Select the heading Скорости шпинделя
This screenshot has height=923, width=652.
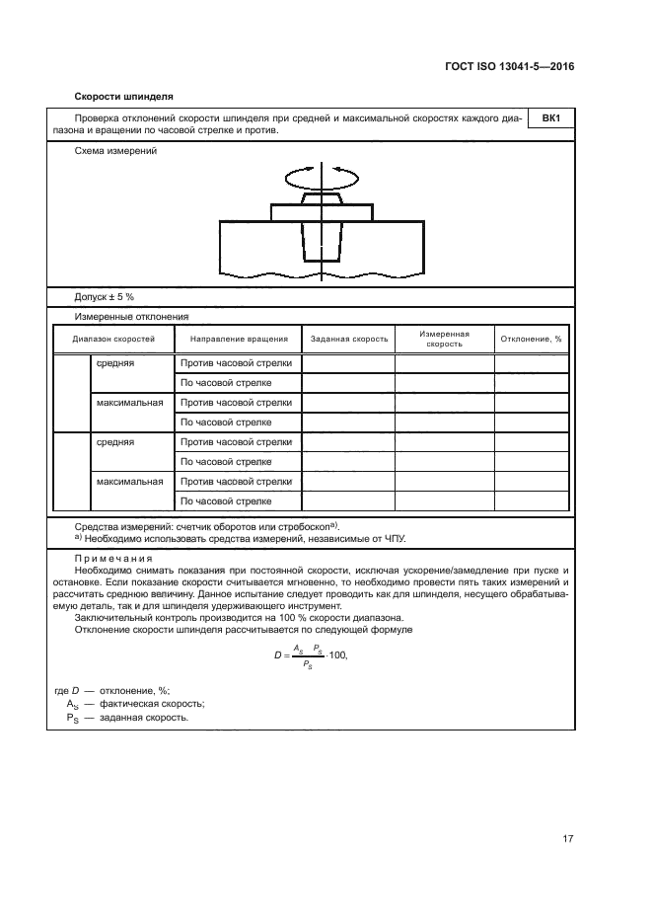(x=124, y=97)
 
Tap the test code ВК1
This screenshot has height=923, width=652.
(x=551, y=119)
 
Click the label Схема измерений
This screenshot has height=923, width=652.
(x=115, y=151)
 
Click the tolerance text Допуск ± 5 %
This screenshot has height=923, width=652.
(x=105, y=296)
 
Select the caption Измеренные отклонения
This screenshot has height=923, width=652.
(x=132, y=317)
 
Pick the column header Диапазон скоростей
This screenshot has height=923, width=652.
(x=113, y=339)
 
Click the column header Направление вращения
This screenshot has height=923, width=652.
(x=239, y=339)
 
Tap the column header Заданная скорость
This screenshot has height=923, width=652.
(x=349, y=339)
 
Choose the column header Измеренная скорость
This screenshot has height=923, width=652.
(x=444, y=339)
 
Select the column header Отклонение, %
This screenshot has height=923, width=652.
(x=531, y=339)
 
